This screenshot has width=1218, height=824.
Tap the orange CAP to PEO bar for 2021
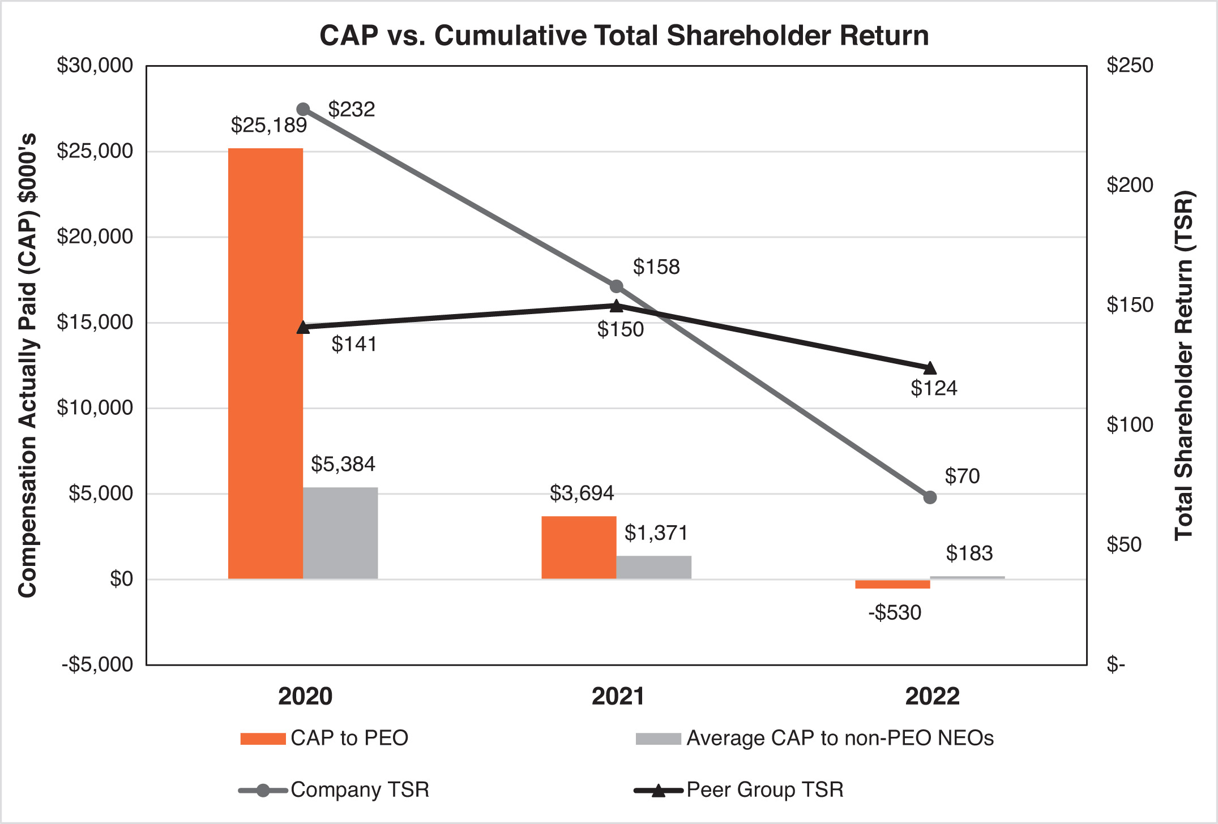tap(579, 547)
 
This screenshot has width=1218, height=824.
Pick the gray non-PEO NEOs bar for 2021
tap(653, 567)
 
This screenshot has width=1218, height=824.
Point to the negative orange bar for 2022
tap(892, 584)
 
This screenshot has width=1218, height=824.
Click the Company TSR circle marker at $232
tap(303, 109)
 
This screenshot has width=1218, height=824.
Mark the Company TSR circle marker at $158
tap(617, 286)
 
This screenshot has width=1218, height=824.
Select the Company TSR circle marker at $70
tap(930, 497)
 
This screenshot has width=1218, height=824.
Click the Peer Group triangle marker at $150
tap(617, 306)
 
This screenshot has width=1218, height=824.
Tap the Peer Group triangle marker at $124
tap(930, 368)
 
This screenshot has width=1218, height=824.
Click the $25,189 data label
tap(268, 125)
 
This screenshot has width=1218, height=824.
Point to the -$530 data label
tap(895, 612)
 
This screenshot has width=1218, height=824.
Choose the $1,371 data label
tap(656, 533)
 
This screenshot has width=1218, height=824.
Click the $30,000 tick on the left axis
tap(95, 66)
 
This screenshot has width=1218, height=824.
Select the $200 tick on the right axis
tap(1130, 185)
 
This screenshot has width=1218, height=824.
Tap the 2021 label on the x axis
tap(618, 696)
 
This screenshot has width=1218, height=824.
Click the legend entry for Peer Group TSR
tap(764, 789)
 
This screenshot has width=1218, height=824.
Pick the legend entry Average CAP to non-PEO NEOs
tap(840, 738)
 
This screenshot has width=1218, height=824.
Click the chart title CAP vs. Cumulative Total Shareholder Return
tap(624, 36)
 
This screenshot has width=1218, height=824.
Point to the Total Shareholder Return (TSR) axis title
tap(1183, 365)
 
